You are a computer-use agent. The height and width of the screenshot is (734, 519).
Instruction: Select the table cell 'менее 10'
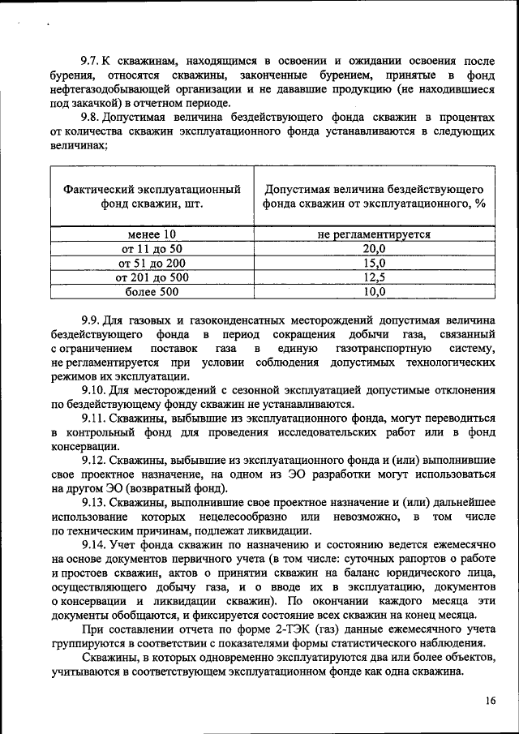coord(152,234)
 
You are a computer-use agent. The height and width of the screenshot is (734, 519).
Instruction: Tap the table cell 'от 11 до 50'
coord(152,249)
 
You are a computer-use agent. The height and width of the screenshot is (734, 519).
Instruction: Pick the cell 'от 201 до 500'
coord(152,277)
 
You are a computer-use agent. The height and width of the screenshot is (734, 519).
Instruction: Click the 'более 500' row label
coord(152,292)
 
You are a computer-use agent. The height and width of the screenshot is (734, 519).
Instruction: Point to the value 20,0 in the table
coord(374,249)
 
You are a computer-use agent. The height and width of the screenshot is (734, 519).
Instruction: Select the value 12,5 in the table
coord(374,277)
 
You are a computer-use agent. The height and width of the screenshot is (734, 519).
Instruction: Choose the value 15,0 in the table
coord(374,264)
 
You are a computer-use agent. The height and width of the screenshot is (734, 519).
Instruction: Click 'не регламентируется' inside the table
coord(374,234)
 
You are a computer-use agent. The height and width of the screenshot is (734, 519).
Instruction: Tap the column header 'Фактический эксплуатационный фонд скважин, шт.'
coord(152,196)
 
